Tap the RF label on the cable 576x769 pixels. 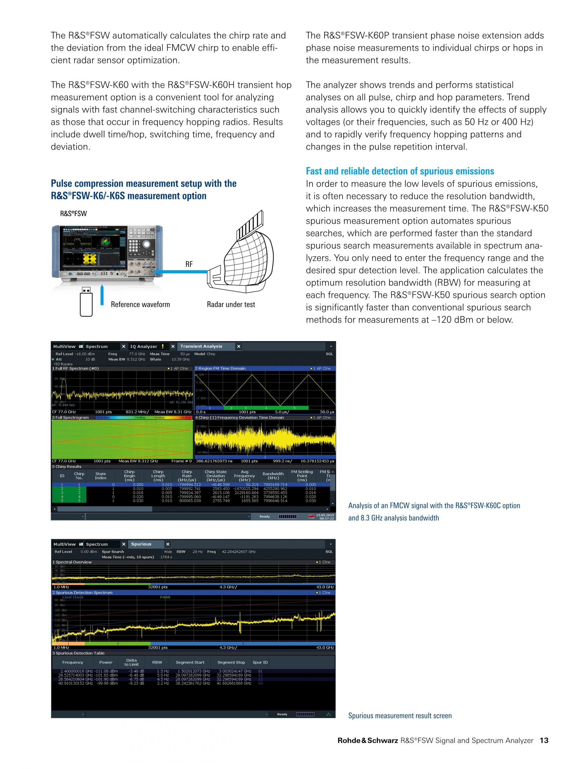(189, 264)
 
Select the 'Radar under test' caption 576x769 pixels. (231, 305)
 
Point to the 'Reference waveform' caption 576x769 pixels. (140, 305)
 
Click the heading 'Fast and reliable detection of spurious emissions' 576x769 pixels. (400, 171)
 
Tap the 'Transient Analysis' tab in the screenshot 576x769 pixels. (201, 346)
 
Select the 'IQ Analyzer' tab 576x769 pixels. (143, 346)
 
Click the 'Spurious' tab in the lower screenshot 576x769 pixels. (141, 544)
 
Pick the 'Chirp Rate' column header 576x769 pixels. (187, 476)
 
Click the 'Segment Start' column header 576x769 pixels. (190, 662)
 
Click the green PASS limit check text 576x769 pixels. (165, 597)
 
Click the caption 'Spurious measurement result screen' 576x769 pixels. (400, 716)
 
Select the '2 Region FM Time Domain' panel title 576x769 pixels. (220, 368)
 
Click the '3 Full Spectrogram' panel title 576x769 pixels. (70, 418)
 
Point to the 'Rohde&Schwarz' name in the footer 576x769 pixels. (368, 740)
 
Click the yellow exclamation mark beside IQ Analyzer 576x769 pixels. (163, 346)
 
